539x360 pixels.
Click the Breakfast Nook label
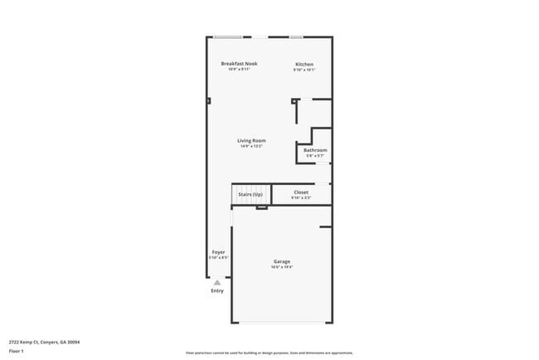(x=239, y=64)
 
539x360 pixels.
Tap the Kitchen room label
(x=304, y=65)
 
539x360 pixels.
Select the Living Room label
(x=252, y=141)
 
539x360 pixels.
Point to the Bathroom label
(x=315, y=150)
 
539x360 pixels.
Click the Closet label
(x=301, y=192)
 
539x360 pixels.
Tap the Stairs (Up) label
(x=250, y=194)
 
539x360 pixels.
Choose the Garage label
(x=282, y=261)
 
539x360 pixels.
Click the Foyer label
(x=218, y=251)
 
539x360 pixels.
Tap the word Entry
(x=217, y=290)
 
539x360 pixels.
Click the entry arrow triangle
(x=217, y=282)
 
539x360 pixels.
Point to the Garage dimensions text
(x=282, y=267)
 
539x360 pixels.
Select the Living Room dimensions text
(x=252, y=147)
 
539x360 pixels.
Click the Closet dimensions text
(x=301, y=197)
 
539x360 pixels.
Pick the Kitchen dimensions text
(x=304, y=71)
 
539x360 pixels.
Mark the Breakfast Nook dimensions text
(x=239, y=70)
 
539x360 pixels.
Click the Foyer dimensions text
(x=218, y=257)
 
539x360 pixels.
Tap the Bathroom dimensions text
(x=315, y=156)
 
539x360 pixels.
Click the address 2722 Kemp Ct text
(x=45, y=341)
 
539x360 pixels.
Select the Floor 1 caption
(x=16, y=351)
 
